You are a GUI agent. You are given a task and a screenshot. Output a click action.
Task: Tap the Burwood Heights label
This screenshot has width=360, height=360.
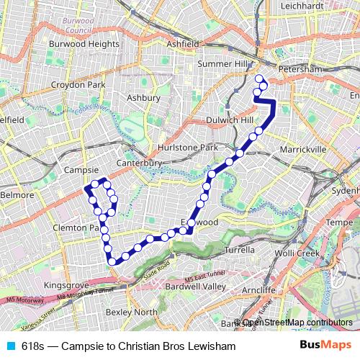[x=84, y=44]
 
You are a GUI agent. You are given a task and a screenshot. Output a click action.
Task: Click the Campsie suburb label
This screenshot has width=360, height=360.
[x=81, y=170]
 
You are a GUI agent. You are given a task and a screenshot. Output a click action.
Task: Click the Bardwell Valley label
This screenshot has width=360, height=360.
[x=196, y=286]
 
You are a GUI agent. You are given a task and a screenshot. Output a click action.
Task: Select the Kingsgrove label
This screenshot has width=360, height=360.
[x=66, y=286]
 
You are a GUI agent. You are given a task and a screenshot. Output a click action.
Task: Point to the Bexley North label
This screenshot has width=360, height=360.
[x=131, y=312]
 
